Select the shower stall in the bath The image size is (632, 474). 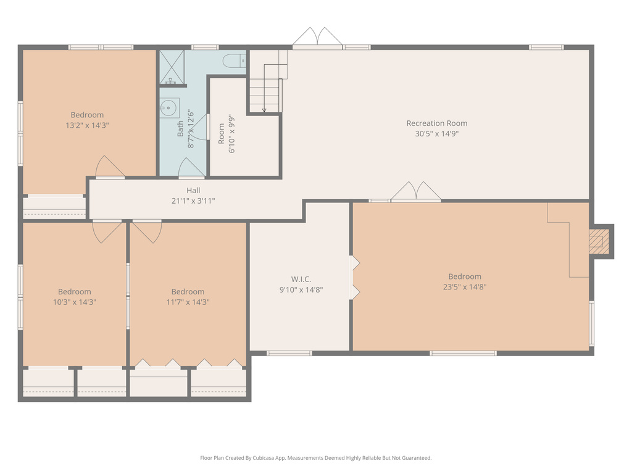tap(172, 67)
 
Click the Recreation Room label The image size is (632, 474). tap(436, 123)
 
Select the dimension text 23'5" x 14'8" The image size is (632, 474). tap(465, 287)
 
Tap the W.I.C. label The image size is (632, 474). tap(301, 279)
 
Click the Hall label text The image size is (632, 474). tap(193, 191)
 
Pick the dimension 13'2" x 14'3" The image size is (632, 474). tap(87, 125)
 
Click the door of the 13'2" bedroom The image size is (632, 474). tap(109, 167)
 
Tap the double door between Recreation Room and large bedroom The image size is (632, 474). tap(417, 192)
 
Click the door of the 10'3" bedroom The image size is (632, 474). tap(107, 231)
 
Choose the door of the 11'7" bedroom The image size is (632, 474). tap(147, 231)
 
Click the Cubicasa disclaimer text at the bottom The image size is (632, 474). tap(315, 458)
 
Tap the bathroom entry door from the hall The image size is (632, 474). tap(191, 168)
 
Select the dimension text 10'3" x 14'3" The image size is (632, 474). tap(75, 302)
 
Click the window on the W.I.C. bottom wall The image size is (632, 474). tap(289, 353)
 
